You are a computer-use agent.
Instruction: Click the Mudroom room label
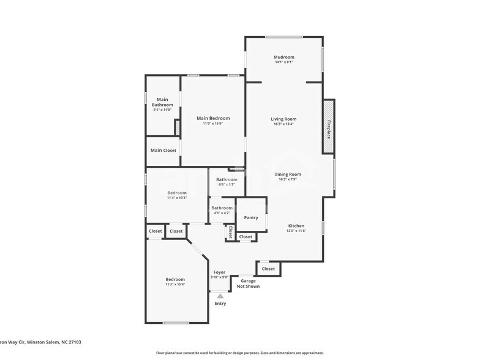(284, 57)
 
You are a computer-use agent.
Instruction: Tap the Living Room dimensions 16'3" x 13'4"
(284, 124)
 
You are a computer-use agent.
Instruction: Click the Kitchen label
(296, 226)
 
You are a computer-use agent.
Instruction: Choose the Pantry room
(251, 217)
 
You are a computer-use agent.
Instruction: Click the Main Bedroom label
(213, 118)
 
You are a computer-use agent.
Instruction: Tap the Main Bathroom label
(162, 102)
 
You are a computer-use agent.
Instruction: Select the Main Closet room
(163, 151)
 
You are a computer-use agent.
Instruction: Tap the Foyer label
(219, 272)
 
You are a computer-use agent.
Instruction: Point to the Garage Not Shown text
(248, 283)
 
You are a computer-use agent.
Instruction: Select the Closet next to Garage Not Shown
(268, 268)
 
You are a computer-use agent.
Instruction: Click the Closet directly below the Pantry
(246, 236)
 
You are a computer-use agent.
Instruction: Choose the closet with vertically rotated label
(230, 233)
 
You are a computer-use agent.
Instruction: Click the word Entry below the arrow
(220, 304)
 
